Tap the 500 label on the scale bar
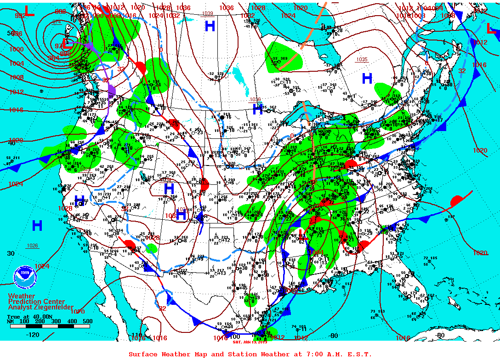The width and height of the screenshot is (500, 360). pos(87,321)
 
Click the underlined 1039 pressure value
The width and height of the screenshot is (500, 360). pos(208,13)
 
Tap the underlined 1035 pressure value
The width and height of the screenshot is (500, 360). pos(362,59)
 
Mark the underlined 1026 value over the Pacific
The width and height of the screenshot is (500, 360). pos(32,246)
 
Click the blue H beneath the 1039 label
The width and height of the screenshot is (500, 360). pos(210,26)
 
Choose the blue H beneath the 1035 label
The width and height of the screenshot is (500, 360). pos(367,79)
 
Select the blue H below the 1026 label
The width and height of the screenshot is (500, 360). pos(37,225)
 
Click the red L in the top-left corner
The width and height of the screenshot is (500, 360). pos(29,11)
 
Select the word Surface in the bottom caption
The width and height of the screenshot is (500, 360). pos(143,354)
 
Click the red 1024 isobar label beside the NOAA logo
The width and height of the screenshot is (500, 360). pos(41,266)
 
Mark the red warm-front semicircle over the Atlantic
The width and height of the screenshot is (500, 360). pos(457,201)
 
